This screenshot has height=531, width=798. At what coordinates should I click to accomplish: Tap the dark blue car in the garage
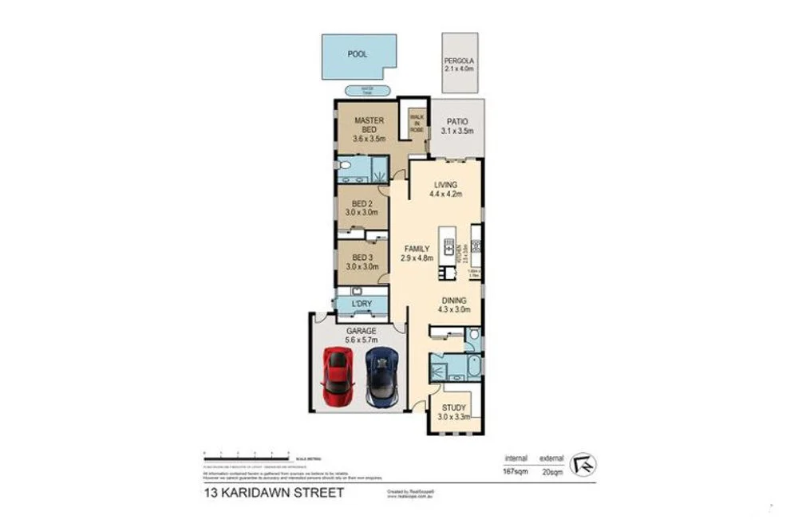[x=381, y=377]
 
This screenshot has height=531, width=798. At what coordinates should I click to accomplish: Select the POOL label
[x=358, y=55]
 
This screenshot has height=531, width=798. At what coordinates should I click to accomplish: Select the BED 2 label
[x=360, y=208]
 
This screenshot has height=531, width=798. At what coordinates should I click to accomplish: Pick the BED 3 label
[x=360, y=262]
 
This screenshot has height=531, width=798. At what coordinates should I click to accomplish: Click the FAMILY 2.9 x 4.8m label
[x=416, y=253]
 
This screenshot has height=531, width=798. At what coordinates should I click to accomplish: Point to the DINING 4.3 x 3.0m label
[x=452, y=305]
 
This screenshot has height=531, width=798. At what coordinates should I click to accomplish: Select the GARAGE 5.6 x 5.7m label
[x=359, y=333]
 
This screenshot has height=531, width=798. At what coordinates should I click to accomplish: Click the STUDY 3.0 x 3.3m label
[x=452, y=411]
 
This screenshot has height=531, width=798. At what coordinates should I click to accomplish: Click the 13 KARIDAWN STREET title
[x=273, y=493]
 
